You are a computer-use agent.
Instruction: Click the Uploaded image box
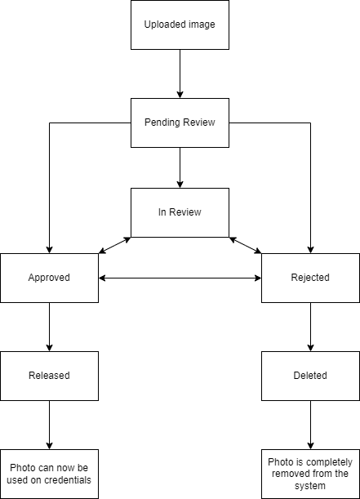pos(180,25)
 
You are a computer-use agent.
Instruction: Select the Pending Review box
pos(180,123)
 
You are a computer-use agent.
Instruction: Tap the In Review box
pos(180,212)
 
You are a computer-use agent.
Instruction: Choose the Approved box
pos(49,278)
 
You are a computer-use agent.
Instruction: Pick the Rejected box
pos(310,278)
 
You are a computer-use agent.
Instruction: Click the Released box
pos(49,376)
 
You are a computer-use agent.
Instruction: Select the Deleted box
pos(310,376)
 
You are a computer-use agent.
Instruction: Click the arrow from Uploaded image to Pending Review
pos(180,74)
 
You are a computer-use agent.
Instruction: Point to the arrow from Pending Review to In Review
pos(180,167)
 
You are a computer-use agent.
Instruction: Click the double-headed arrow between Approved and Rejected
pos(180,278)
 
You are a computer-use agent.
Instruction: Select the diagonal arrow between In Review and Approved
pos(115,245)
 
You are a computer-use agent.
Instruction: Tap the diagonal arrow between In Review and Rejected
pos(245,245)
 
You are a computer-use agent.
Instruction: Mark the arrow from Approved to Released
pos(49,327)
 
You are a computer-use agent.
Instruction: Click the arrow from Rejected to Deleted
pos(311,327)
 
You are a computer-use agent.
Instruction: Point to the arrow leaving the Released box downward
pos(49,425)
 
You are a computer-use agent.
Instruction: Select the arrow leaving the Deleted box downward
pos(311,425)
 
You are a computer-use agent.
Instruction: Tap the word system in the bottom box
pos(309,486)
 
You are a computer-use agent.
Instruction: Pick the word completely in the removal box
pos(329,462)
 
